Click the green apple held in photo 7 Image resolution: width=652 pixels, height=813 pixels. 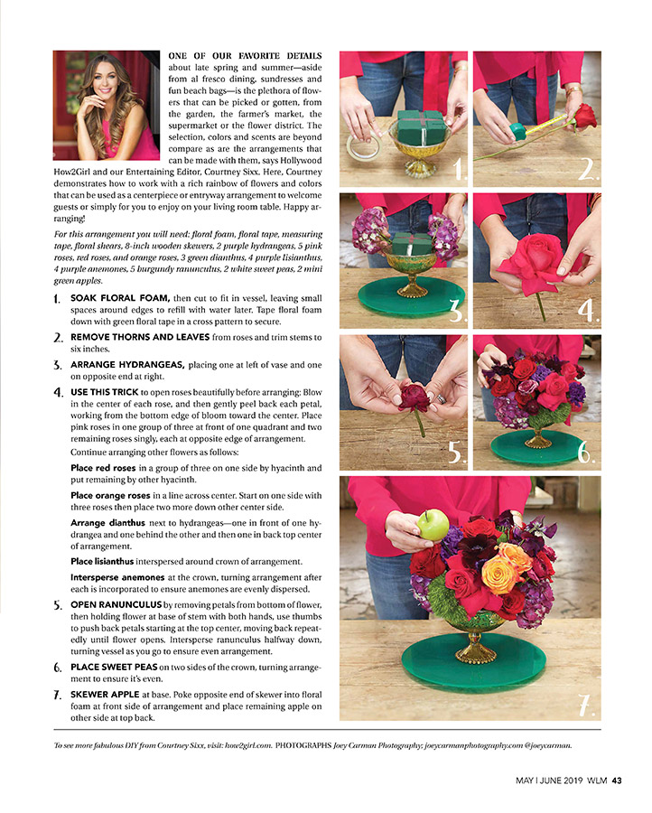click(433, 525)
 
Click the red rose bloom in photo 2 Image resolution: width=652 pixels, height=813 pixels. click(584, 117)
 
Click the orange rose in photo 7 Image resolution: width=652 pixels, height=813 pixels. click(499, 574)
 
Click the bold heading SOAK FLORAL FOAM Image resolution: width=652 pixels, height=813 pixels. click(120, 298)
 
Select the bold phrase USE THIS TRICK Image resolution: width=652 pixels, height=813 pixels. click(105, 392)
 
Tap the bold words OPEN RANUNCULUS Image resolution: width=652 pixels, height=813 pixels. click(116, 604)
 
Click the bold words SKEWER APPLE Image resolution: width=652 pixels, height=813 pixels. click(105, 695)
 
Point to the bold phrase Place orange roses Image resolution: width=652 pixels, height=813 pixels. click(110, 496)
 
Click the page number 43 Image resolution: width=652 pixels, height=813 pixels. click(617, 780)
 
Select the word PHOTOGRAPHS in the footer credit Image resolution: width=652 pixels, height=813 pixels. click(303, 745)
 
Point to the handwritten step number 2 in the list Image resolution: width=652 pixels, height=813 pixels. click(59, 338)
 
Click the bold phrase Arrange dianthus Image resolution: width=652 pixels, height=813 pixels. click(107, 523)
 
